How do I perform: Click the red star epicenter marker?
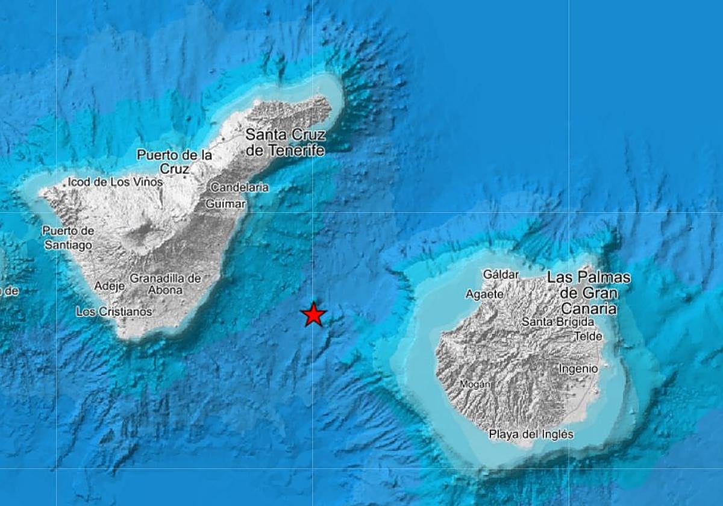[313, 314]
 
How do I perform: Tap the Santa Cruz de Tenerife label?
[286, 142]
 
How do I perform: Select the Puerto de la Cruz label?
[175, 162]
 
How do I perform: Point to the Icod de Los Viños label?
[115, 181]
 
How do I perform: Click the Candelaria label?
[240, 187]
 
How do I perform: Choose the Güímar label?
[226, 204]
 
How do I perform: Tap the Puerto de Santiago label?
[68, 238]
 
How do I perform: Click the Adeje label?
[110, 286]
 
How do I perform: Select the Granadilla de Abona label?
[165, 284]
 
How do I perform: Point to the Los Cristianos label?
[114, 311]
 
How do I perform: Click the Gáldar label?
[501, 275]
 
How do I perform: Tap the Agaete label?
[484, 294]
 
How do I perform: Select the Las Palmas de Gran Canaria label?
[589, 293]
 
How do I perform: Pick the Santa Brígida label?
[558, 322]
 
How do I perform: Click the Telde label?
[588, 336]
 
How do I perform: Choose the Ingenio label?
[578, 368]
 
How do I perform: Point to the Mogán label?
[475, 384]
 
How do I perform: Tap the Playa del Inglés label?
[531, 434]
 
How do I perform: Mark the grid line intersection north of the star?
[313, 212]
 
